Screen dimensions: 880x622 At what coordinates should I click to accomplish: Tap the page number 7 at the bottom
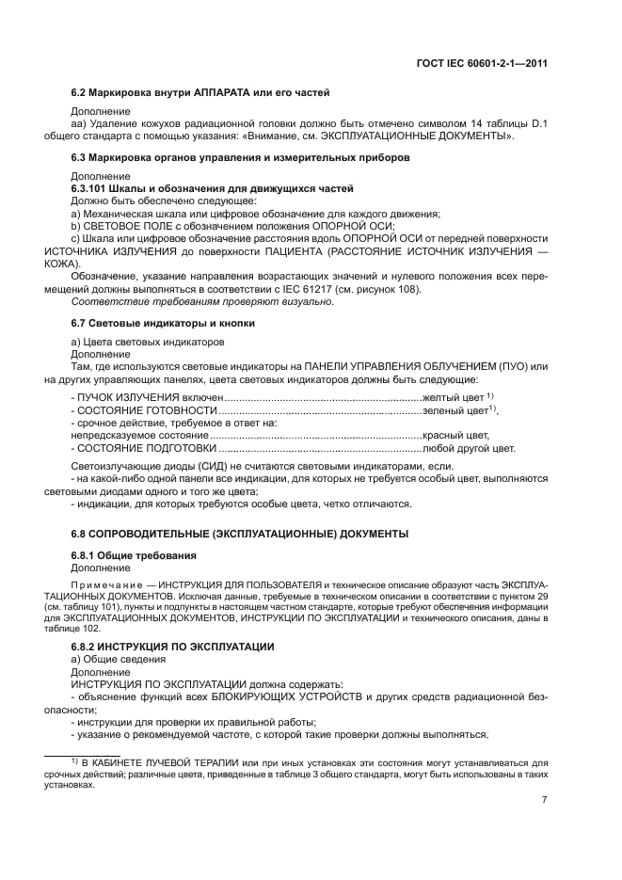click(x=545, y=799)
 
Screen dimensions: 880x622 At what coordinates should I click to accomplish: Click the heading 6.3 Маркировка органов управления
click(x=240, y=158)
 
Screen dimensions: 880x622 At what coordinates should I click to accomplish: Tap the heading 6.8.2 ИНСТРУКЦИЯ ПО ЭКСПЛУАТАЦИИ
click(x=173, y=647)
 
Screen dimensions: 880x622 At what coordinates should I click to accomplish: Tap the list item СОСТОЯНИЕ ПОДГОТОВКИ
click(x=140, y=449)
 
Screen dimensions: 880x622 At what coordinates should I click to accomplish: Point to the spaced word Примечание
click(x=107, y=584)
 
